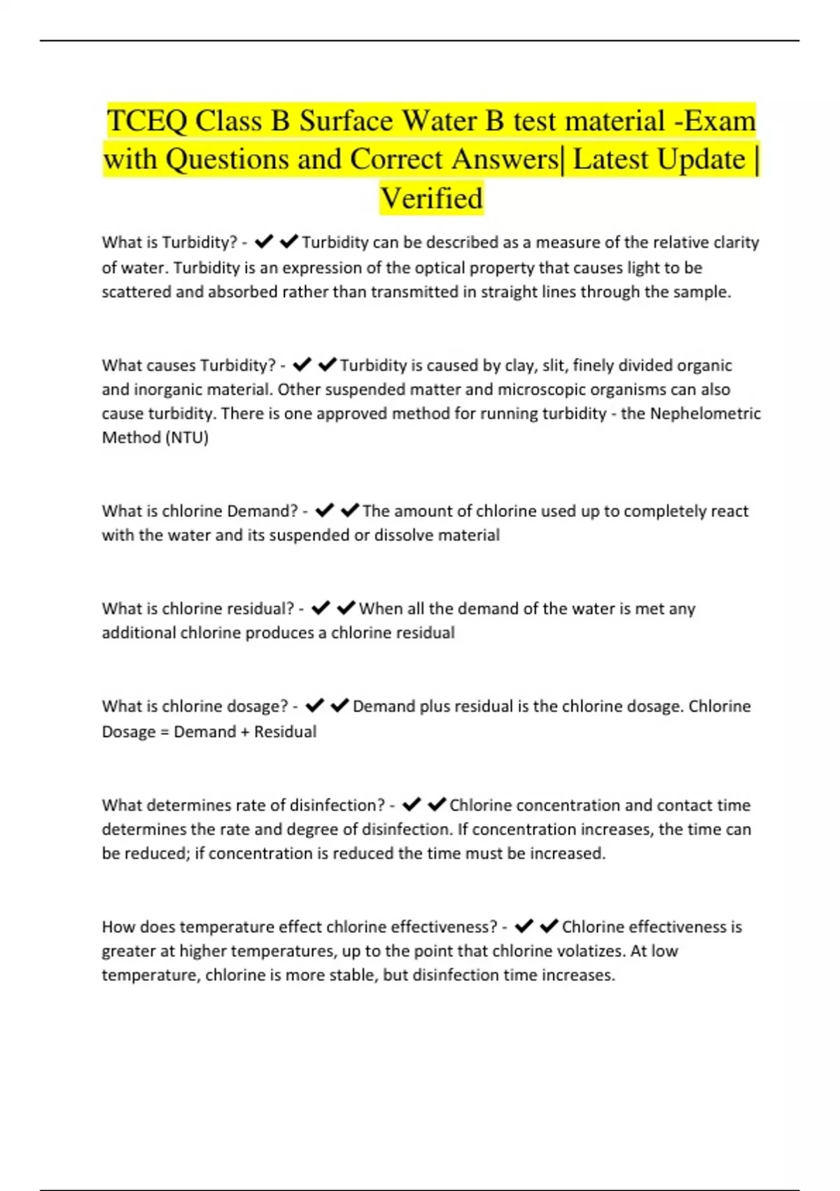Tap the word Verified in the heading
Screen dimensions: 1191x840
pos(431,198)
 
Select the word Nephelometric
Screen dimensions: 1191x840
pos(705,413)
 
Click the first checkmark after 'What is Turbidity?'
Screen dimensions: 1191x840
pos(264,242)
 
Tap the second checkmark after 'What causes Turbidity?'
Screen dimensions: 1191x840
pos(327,365)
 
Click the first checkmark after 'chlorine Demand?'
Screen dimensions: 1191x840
pos(324,511)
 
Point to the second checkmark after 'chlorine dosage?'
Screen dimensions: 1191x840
pos(339,706)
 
